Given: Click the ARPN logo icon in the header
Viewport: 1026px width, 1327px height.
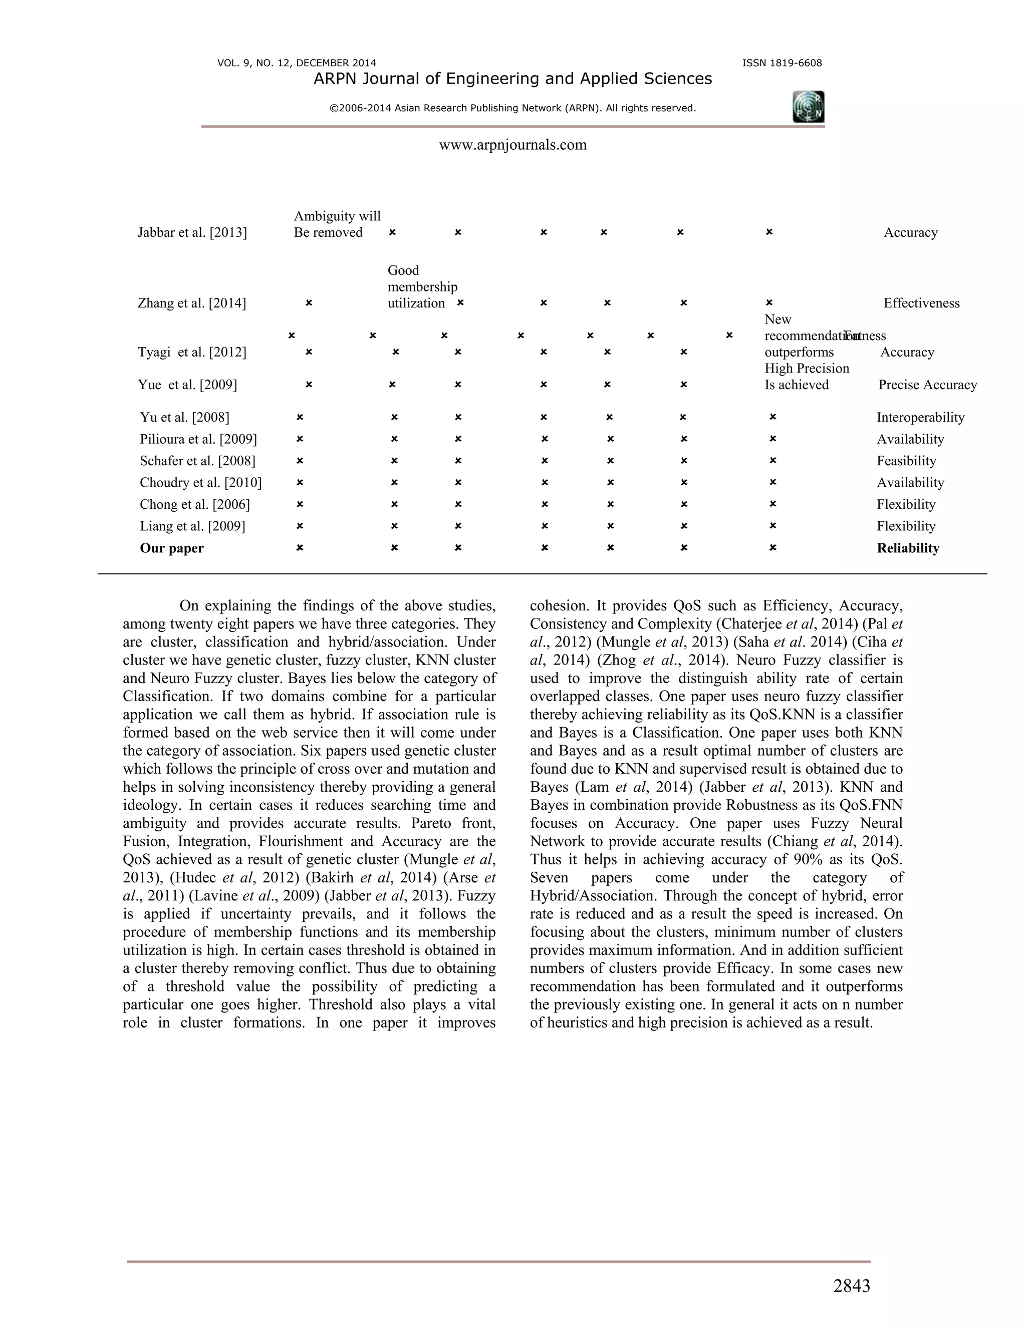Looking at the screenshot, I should pyautogui.click(x=809, y=107).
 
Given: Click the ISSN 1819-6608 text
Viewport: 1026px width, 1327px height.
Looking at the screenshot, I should pyautogui.click(x=782, y=63).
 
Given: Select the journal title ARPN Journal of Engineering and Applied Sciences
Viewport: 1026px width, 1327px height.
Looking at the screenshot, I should pyautogui.click(x=512, y=79).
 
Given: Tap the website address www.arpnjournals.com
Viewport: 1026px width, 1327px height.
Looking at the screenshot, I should pyautogui.click(x=512, y=145).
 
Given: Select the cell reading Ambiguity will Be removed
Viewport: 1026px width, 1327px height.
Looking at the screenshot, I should pyautogui.click(x=337, y=224).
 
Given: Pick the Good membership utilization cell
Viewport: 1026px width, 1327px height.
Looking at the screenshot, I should pyautogui.click(x=422, y=287).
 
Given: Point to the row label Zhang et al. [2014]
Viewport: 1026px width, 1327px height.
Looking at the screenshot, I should pyautogui.click(x=192, y=303).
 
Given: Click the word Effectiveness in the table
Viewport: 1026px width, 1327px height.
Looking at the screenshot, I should pyautogui.click(x=921, y=303).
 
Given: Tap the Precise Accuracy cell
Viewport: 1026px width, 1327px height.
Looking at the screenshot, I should pyautogui.click(x=927, y=385).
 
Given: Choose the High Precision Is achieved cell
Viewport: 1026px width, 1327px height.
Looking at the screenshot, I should pyautogui.click(x=806, y=377).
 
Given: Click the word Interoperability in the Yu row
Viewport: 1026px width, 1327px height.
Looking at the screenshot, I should pyautogui.click(x=920, y=418).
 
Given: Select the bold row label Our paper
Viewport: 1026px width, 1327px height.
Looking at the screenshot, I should pyautogui.click(x=171, y=548).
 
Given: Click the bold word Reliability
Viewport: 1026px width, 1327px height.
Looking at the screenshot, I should pyautogui.click(x=907, y=548).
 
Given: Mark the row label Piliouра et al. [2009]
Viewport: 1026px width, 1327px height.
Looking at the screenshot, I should pyautogui.click(x=198, y=439).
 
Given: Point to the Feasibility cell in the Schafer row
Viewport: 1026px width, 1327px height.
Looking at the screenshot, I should pyautogui.click(x=906, y=461).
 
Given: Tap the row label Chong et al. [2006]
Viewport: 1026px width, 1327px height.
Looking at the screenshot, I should pyautogui.click(x=194, y=504).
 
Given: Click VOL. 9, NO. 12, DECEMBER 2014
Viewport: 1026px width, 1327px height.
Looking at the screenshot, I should pyautogui.click(x=297, y=63).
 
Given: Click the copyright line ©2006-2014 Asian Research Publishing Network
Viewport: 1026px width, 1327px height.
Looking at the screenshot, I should pyautogui.click(x=512, y=108).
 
